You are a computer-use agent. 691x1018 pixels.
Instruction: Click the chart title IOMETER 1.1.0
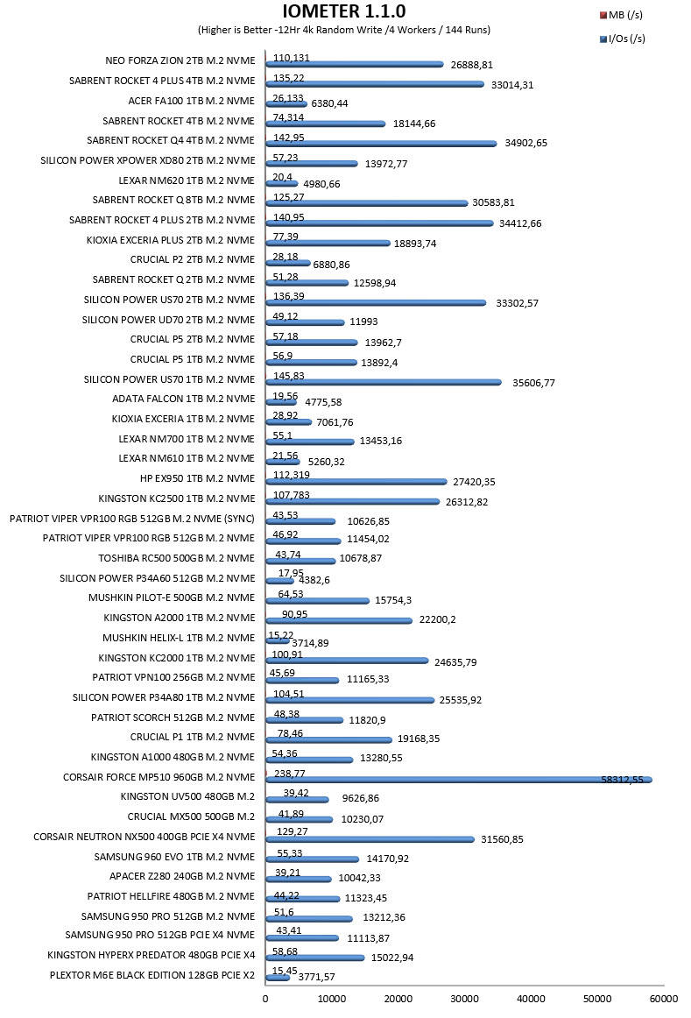tap(344, 11)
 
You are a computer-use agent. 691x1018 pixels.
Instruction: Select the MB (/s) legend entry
tap(621, 15)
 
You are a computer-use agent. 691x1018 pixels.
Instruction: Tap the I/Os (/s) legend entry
tap(622, 39)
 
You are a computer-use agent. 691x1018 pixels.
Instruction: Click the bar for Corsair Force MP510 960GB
tap(459, 780)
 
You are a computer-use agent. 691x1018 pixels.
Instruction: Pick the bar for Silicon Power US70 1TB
tap(384, 382)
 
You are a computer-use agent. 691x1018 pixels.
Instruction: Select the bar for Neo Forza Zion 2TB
tap(355, 64)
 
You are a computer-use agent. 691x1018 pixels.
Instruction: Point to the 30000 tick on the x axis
tap(464, 999)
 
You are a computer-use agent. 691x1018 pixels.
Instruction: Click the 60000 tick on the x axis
tap(664, 999)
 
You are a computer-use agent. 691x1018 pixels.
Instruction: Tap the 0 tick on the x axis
tap(264, 999)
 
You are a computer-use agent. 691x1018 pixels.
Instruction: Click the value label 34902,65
tap(525, 143)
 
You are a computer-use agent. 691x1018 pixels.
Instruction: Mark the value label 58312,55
tap(622, 779)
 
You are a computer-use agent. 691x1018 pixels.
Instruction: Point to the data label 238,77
tap(289, 774)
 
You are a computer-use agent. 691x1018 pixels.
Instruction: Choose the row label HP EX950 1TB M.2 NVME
tap(197, 478)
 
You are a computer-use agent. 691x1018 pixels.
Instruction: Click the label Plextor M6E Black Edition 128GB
tap(152, 974)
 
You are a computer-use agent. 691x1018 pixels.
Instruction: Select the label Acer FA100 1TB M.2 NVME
tap(192, 101)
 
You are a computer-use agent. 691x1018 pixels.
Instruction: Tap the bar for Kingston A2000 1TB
tap(339, 620)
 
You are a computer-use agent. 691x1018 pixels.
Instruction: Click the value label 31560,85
tap(502, 838)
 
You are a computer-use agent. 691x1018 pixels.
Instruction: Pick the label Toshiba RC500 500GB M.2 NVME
tap(177, 558)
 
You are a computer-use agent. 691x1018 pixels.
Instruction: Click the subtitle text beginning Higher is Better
tap(344, 30)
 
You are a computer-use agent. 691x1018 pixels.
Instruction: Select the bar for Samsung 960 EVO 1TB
tap(312, 859)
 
